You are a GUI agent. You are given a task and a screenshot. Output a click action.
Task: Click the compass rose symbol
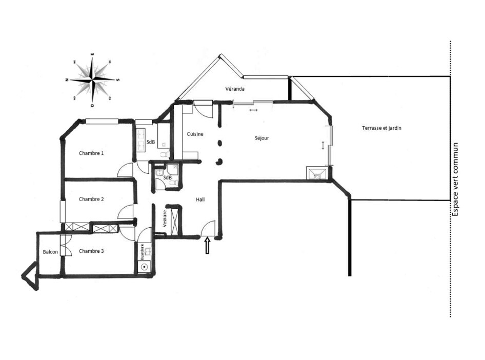(92, 79)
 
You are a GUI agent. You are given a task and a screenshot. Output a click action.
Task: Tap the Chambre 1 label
(91, 153)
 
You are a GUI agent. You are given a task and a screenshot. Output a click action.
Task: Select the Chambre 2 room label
(91, 199)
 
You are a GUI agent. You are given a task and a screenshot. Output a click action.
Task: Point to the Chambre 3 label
(91, 251)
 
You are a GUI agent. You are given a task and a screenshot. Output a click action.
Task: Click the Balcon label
(50, 252)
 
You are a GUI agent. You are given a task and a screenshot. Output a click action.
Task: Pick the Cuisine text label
(195, 134)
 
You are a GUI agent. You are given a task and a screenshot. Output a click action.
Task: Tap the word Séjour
(261, 138)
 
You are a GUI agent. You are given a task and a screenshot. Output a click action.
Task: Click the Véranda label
(235, 89)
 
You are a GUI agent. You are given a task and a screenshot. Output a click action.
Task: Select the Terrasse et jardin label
(381, 128)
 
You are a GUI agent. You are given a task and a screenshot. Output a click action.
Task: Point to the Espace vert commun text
(455, 179)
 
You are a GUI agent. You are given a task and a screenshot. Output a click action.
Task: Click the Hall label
(200, 199)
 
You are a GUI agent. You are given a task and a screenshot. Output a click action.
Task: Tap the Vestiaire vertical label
(165, 219)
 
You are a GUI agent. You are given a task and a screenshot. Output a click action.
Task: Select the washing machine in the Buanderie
(145, 267)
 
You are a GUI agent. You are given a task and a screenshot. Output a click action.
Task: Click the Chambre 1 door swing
(126, 170)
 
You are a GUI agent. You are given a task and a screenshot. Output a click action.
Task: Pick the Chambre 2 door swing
(126, 212)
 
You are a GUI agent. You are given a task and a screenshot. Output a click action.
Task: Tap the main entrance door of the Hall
(209, 228)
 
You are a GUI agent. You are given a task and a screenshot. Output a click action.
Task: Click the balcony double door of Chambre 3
(65, 246)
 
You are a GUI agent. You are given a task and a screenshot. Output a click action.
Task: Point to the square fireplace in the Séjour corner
(316, 173)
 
